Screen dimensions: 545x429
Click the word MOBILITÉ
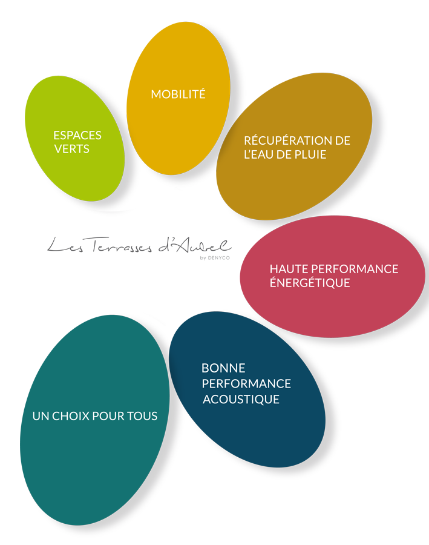(x=178, y=94)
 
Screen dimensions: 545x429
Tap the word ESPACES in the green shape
(x=77, y=135)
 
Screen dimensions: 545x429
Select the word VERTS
(x=71, y=149)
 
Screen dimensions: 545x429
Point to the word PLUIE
(x=310, y=154)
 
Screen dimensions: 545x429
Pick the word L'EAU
(x=258, y=154)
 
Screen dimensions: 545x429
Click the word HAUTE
(x=287, y=269)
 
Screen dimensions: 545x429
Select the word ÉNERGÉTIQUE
(x=310, y=283)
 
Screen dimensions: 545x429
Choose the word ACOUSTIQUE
(x=241, y=399)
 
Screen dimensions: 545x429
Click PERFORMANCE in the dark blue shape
(x=246, y=384)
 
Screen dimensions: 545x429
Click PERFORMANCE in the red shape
(x=353, y=269)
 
